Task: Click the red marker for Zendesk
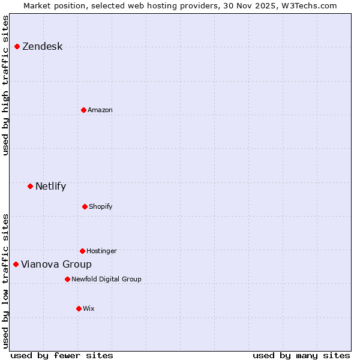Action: [x=17, y=47]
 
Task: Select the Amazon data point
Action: [x=83, y=110]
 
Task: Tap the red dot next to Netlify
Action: [x=30, y=186]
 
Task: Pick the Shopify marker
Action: [x=85, y=206]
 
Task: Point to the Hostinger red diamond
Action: [x=82, y=251]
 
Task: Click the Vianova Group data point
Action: [x=16, y=264]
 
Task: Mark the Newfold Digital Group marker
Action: [x=67, y=279]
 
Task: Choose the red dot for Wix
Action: [x=79, y=308]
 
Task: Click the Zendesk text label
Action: [x=42, y=47]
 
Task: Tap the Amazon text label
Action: [x=100, y=110]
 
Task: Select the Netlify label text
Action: [x=50, y=186]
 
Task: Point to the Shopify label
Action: [x=101, y=206]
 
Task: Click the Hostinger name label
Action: [x=101, y=251]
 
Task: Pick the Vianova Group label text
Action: [x=56, y=264]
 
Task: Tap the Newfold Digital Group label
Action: [x=106, y=279]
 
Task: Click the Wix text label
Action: [x=89, y=308]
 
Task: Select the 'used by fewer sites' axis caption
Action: [x=62, y=355]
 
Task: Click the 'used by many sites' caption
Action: [x=301, y=355]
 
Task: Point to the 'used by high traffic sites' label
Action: [x=5, y=85]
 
